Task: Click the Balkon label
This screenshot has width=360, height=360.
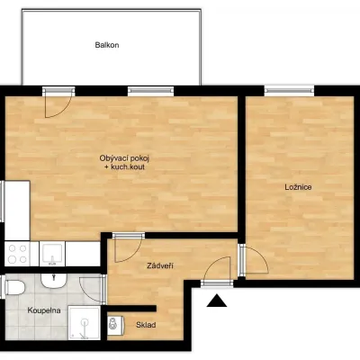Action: pos(107,45)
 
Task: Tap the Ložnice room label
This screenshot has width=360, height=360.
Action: pos(298,187)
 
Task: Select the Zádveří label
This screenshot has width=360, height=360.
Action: pos(160,265)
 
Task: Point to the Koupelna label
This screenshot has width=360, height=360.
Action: pos(44,310)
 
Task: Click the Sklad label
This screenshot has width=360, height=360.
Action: pos(146,325)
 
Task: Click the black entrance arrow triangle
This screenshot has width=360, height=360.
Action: pos(217,301)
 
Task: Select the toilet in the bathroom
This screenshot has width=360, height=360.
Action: pos(14,287)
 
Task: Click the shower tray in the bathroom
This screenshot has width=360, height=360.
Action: pos(84,323)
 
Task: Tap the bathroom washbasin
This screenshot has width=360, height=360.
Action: pos(53,280)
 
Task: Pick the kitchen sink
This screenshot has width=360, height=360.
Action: pos(52,254)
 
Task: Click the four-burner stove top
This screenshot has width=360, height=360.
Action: pos(17,254)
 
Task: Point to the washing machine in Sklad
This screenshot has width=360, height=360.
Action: pos(114,326)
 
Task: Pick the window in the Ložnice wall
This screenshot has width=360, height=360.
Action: pos(289,90)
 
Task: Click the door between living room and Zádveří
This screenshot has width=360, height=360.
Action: pos(129,249)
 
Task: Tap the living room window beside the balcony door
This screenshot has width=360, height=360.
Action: pos(150,91)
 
